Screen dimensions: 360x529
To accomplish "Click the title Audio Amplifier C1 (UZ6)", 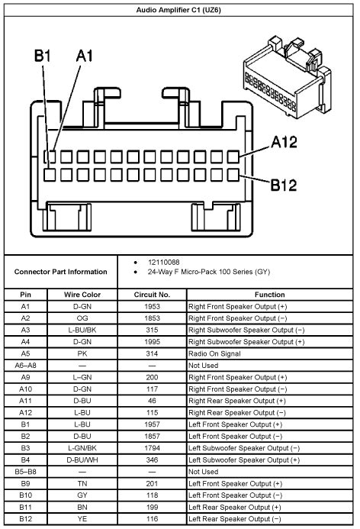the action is pos(179,9).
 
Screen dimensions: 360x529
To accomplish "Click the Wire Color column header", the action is pos(82,294).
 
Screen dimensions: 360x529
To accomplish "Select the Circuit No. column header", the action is pos(153,294).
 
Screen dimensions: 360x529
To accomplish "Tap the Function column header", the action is pos(270,294).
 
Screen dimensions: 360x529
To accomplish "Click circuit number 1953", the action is pos(153,305).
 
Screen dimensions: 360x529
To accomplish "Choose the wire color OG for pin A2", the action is pos(82,318).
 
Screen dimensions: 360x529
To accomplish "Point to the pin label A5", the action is pos(25,355).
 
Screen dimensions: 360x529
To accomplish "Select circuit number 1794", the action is pos(153,447).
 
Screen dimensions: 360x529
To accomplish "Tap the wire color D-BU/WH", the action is pos(82,460).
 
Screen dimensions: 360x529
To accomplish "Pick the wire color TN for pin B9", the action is pos(82,484).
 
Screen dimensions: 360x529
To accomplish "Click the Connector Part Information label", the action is pos(60,271).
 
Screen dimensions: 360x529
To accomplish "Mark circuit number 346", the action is pos(153,460).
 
